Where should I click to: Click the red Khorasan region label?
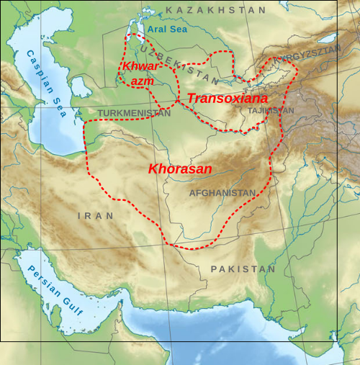180,169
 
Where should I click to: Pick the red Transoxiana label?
228,98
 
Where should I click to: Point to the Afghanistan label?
222,193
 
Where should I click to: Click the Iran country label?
96,215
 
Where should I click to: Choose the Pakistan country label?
243,269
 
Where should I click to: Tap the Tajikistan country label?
271,112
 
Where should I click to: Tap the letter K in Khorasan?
152,169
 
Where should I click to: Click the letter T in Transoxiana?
191,98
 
